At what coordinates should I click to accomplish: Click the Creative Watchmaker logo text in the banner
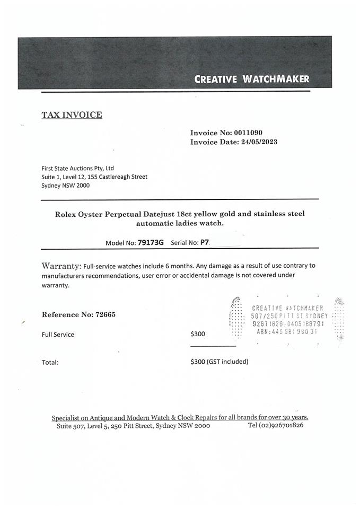(251, 80)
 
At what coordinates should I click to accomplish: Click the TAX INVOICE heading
(72, 115)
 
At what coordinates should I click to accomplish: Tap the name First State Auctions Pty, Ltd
(77, 168)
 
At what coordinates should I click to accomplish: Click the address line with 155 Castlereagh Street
(94, 177)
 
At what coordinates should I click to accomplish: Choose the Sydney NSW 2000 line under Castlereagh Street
(66, 186)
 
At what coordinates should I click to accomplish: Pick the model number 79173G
(151, 242)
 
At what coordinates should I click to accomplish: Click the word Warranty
(62, 265)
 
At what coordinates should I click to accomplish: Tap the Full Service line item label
(58, 335)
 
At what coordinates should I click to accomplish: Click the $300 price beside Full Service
(198, 334)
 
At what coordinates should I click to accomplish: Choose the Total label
(50, 363)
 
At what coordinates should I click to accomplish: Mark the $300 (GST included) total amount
(219, 362)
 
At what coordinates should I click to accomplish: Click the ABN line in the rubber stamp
(286, 332)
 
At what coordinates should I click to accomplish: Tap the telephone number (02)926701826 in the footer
(275, 425)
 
